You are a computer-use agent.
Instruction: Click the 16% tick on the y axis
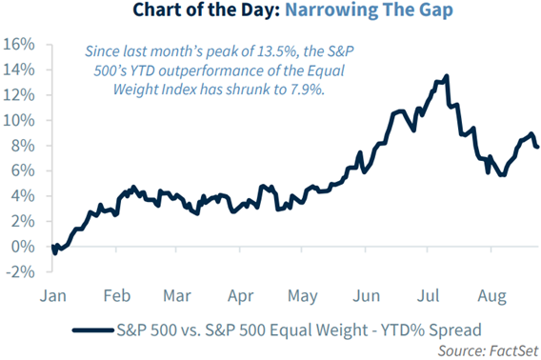click(18, 45)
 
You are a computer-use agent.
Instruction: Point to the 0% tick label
click(22, 247)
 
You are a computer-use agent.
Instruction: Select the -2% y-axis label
click(20, 271)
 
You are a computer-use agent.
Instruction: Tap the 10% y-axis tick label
click(18, 121)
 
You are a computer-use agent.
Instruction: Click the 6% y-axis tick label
click(22, 171)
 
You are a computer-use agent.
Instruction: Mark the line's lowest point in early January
click(54, 253)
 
